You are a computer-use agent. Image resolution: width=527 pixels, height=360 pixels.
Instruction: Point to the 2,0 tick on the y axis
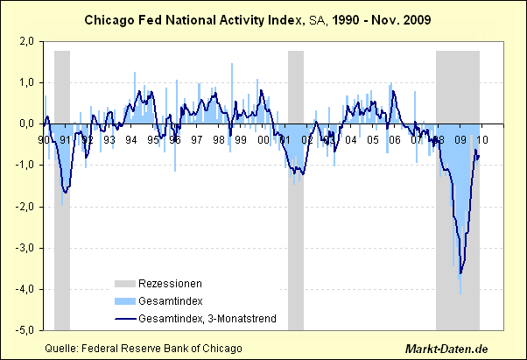(27, 42)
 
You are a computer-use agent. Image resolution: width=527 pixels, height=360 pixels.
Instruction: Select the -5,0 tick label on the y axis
(25, 331)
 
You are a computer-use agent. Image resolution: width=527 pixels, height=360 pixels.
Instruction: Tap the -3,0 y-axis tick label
(25, 249)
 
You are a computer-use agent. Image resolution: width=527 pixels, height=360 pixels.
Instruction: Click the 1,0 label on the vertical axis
(27, 83)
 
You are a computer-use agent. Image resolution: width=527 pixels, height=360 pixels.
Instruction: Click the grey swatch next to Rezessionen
(127, 284)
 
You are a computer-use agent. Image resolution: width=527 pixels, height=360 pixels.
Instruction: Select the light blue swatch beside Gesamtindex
(127, 300)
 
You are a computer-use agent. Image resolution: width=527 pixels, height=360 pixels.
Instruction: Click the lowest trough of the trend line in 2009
(460, 273)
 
